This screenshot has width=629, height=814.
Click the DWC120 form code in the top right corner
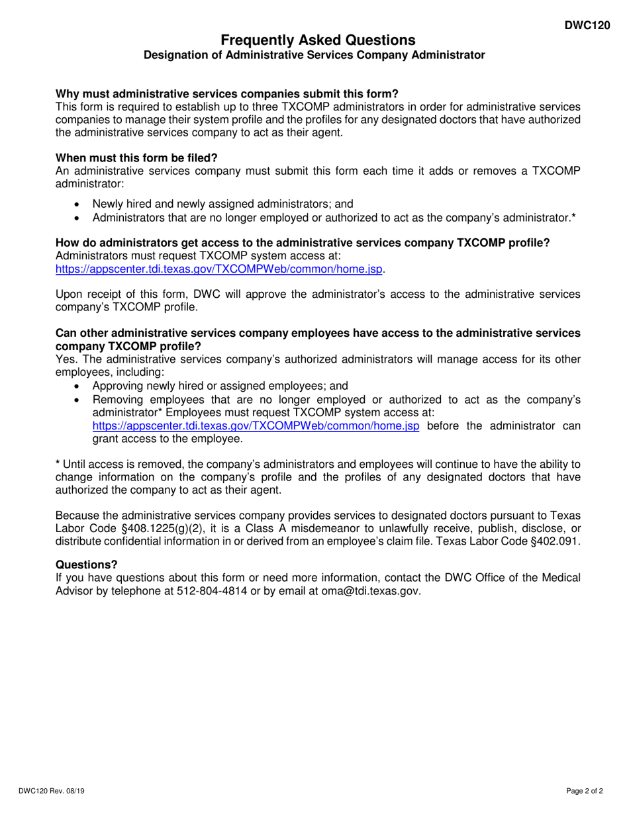click(x=587, y=26)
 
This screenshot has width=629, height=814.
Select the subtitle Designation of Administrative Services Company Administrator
click(x=314, y=56)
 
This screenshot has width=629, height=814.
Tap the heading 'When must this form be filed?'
click(x=136, y=158)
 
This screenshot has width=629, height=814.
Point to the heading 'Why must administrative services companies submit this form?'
click(x=227, y=94)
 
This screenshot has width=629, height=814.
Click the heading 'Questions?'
click(x=87, y=565)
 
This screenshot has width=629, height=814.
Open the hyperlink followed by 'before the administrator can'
click(x=256, y=426)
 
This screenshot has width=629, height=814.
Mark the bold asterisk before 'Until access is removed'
click(x=58, y=463)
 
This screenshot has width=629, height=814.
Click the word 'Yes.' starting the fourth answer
click(x=67, y=359)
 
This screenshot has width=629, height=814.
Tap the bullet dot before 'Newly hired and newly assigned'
click(x=78, y=204)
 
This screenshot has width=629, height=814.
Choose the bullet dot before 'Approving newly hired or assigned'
click(x=78, y=386)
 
